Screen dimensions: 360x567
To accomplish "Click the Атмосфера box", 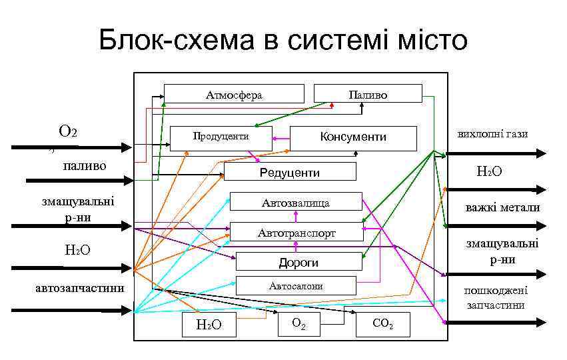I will click(x=234, y=94).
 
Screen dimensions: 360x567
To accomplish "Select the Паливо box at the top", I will click(x=368, y=94).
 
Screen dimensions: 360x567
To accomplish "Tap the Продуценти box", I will click(x=221, y=137).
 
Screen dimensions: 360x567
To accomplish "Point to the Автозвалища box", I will click(x=295, y=202).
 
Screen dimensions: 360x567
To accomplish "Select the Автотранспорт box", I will click(x=296, y=233).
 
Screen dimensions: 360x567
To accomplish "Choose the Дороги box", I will click(x=298, y=262).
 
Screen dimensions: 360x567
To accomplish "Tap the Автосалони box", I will click(x=296, y=286).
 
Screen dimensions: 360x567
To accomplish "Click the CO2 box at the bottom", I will click(x=382, y=325).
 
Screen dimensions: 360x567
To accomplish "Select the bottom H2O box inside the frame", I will click(x=209, y=325).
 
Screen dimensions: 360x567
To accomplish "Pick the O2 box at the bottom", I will click(x=299, y=323).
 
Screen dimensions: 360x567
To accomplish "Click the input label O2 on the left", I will click(x=68, y=131).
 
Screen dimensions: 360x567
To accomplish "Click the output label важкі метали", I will click(x=502, y=207).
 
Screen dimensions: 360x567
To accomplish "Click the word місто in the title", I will click(x=424, y=41).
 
